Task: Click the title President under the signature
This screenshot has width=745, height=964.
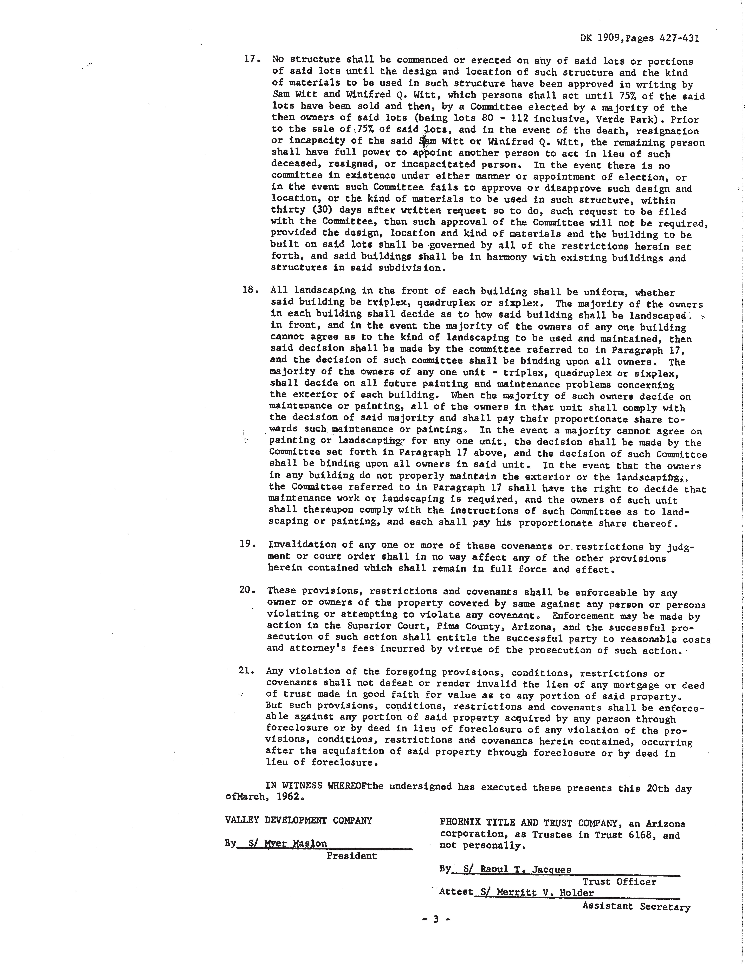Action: point(352,856)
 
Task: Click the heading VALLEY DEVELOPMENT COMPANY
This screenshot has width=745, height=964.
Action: point(298,821)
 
